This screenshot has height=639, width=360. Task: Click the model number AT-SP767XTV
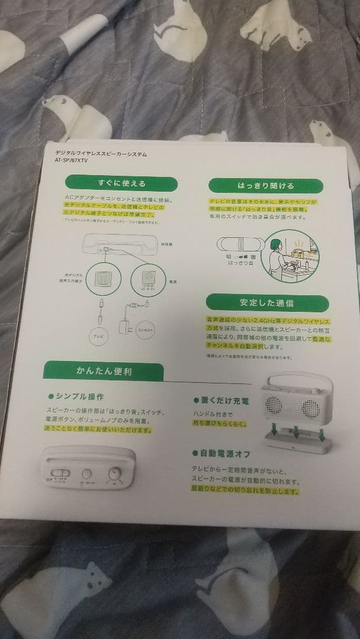[71, 160]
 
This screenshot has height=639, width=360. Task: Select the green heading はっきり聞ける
[265, 186]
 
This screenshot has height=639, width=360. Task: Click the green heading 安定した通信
[266, 303]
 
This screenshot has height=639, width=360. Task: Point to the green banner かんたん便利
[104, 372]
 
